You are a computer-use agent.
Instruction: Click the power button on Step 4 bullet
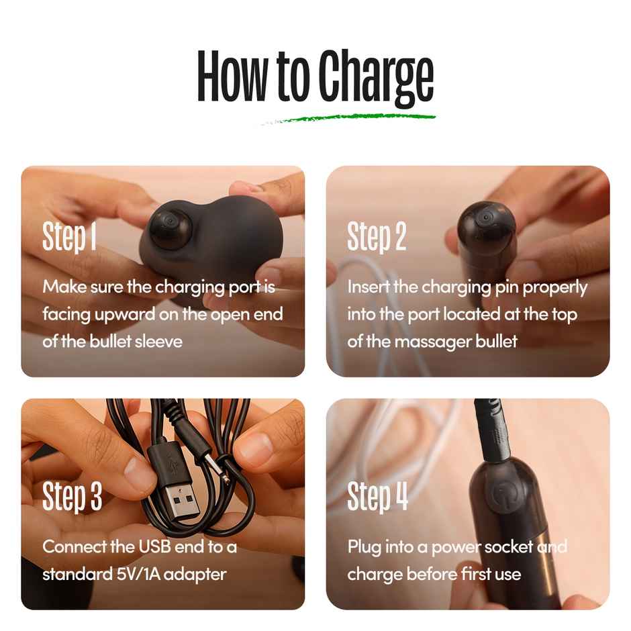[x=501, y=493]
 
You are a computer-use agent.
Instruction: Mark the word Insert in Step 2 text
[x=368, y=287]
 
